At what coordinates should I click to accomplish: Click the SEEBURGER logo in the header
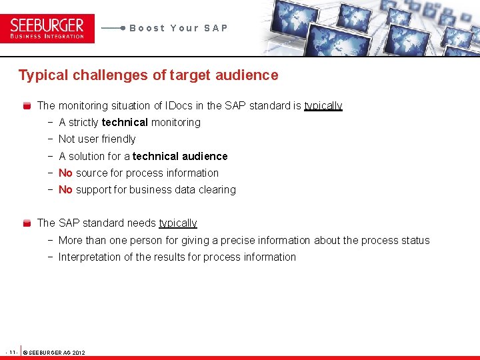pyautogui.click(x=47, y=28)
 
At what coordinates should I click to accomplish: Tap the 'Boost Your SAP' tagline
pyautogui.click(x=179, y=28)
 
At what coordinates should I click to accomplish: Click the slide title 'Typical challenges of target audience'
pyautogui.click(x=148, y=75)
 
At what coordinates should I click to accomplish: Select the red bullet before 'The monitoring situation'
pyautogui.click(x=27, y=106)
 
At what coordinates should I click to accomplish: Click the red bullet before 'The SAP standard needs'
pyautogui.click(x=27, y=223)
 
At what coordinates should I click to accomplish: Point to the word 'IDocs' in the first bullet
pyautogui.click(x=179, y=105)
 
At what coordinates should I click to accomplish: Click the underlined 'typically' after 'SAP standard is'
pyautogui.click(x=323, y=106)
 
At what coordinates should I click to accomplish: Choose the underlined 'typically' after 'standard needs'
pyautogui.click(x=178, y=223)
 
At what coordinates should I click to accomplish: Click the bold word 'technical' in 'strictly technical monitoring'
pyautogui.click(x=125, y=123)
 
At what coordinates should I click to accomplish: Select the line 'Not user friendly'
pyautogui.click(x=97, y=139)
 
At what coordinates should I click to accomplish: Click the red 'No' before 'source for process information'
pyautogui.click(x=65, y=173)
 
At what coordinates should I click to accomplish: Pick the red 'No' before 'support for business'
pyautogui.click(x=65, y=190)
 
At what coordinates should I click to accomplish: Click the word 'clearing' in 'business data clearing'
pyautogui.click(x=217, y=190)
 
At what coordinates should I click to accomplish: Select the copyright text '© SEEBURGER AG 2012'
pyautogui.click(x=54, y=352)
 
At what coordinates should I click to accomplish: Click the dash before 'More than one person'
pyautogui.click(x=51, y=241)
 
